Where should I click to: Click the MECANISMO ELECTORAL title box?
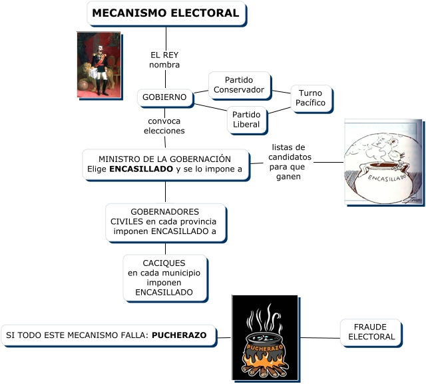[166, 13]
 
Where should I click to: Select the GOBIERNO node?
[165, 97]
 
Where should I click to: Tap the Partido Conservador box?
[239, 85]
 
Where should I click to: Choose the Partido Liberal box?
[246, 119]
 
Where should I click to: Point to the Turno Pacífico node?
[310, 98]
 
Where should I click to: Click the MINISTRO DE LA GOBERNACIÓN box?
[165, 165]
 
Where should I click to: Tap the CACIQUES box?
[164, 277]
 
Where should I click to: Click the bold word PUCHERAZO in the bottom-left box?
[179, 335]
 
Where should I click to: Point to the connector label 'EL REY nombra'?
[164, 60]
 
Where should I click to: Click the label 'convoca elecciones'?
[164, 126]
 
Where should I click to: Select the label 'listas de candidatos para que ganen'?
[288, 162]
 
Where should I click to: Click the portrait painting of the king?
[99, 65]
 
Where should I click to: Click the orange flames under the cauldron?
[264, 363]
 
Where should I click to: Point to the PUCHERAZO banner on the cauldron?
[265, 348]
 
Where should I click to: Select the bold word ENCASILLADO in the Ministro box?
[140, 169]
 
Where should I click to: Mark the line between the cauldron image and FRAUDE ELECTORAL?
[319, 338]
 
